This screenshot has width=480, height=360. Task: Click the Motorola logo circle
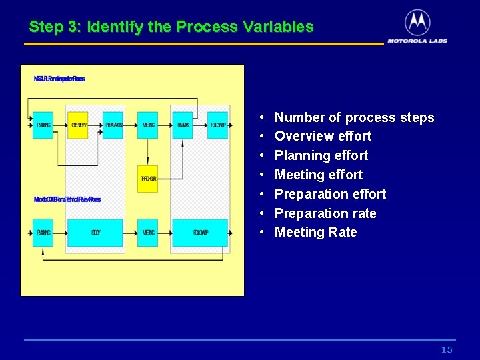(x=417, y=23)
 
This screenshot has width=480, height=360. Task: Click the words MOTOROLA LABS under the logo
(x=417, y=41)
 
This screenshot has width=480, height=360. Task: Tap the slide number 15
(x=447, y=350)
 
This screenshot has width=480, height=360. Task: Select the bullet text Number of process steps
(x=354, y=118)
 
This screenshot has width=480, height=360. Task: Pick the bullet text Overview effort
(x=323, y=137)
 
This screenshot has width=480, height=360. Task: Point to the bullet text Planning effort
(x=321, y=156)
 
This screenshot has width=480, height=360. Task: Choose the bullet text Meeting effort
(x=319, y=175)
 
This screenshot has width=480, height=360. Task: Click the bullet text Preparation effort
(x=330, y=195)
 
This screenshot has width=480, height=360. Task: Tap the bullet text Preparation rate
(x=325, y=214)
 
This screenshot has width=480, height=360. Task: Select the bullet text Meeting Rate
(x=315, y=233)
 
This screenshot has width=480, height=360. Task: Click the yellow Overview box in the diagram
(x=79, y=125)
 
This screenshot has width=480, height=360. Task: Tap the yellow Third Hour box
(x=148, y=179)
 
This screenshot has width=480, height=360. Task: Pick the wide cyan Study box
(x=96, y=233)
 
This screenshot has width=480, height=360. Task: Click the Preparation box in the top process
(x=113, y=125)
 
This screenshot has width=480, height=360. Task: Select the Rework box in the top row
(x=183, y=125)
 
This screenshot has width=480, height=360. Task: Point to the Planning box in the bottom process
(x=43, y=233)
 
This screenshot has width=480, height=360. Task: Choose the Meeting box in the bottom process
(x=148, y=233)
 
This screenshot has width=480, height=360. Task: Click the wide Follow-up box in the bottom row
(x=200, y=233)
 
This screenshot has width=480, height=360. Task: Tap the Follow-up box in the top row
(x=218, y=125)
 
